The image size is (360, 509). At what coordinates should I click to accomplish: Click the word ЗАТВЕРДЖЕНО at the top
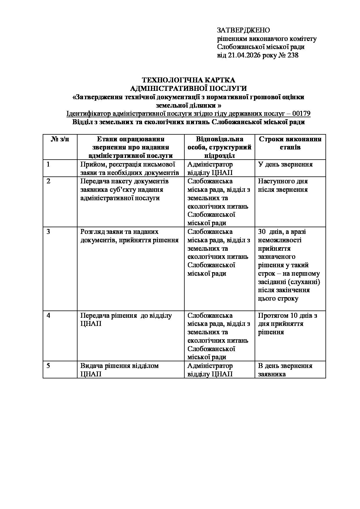(243, 30)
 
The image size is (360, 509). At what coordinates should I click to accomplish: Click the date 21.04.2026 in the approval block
(244, 55)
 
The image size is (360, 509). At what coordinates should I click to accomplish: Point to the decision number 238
(292, 55)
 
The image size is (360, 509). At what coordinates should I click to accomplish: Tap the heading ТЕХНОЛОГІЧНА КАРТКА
(188, 80)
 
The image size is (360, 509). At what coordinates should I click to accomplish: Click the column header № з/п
(60, 139)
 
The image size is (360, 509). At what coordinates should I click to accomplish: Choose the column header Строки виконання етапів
(290, 143)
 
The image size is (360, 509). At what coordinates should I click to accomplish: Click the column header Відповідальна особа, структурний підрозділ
(219, 147)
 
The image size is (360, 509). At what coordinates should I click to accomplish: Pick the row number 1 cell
(48, 165)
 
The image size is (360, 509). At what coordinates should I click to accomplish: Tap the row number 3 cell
(48, 232)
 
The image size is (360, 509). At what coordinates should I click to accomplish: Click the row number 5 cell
(48, 366)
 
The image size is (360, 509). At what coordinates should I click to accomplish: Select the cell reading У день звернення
(285, 165)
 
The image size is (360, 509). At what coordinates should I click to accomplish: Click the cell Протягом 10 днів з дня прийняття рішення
(287, 324)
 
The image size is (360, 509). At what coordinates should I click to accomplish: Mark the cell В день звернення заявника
(285, 370)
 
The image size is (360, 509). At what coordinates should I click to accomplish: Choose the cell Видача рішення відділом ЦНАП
(120, 370)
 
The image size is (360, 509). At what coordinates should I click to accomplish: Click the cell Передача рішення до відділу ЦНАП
(126, 319)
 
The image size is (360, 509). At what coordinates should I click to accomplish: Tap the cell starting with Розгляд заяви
(129, 236)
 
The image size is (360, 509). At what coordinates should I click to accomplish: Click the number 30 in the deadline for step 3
(262, 232)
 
